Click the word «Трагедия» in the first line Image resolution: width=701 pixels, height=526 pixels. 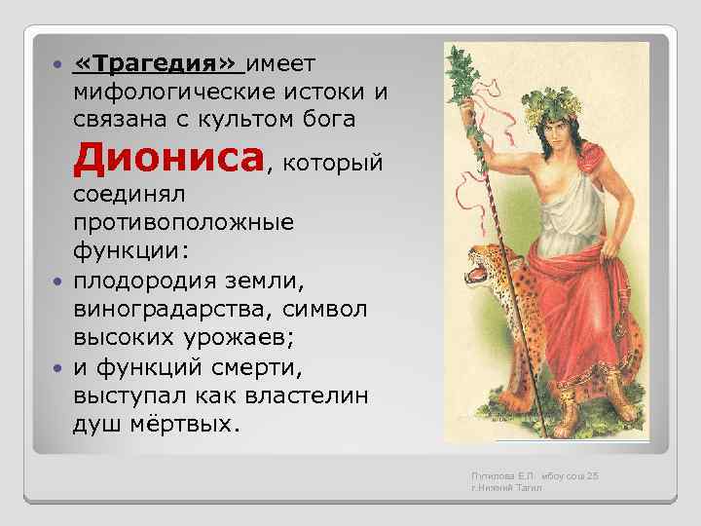(157, 65)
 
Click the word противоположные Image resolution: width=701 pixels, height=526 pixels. (183, 222)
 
